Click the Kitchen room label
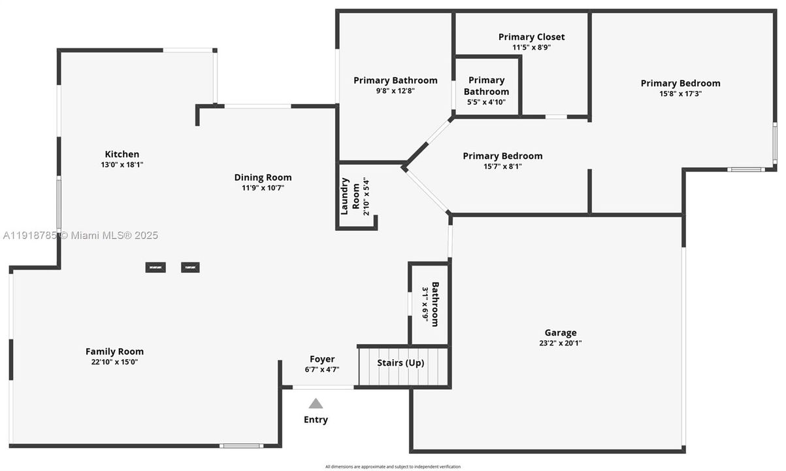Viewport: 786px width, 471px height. [122, 154]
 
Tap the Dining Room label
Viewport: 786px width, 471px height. [263, 177]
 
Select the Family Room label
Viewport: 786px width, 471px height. [114, 351]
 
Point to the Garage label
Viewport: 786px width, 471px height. [561, 332]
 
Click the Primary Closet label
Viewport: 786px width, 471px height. [531, 37]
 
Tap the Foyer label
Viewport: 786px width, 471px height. [321, 359]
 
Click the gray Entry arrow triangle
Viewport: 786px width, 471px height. [316, 404]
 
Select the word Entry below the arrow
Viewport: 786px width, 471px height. [316, 419]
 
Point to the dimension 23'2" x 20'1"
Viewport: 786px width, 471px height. [561, 343]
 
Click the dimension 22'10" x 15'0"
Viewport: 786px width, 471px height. [114, 362]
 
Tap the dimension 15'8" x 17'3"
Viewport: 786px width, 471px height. [680, 94]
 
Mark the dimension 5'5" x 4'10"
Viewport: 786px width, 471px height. [486, 102]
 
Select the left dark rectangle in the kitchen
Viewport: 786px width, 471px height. [156, 267]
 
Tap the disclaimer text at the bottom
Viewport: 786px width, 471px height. [393, 466]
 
